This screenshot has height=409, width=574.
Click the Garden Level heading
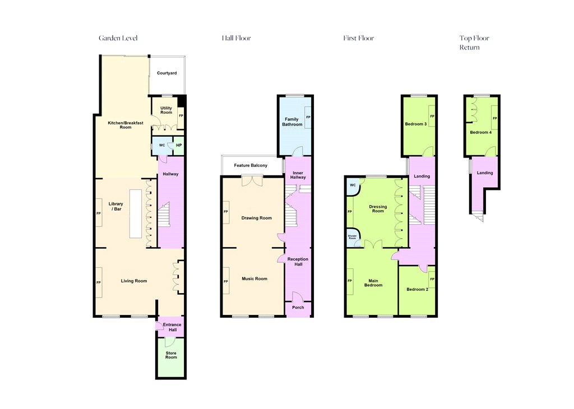pos(118,38)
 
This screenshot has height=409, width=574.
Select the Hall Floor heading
pos(236,38)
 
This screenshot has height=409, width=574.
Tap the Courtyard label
pos(167,73)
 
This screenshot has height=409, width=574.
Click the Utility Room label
pos(166,110)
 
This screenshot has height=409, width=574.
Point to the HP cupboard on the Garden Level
pos(179,146)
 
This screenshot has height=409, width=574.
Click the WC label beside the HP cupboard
pos(162,145)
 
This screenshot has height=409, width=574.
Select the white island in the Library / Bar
pos(136,213)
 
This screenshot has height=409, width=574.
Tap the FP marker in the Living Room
pos(99,282)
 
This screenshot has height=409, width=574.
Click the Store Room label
pos(171,355)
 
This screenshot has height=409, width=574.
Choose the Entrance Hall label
pos(172,327)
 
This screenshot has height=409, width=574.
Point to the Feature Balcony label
pos(251,165)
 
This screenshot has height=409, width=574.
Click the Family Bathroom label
pos(292,122)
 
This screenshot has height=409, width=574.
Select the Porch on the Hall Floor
pos(298,309)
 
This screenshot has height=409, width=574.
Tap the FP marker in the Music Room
pos(225,281)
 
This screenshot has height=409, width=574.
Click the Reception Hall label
pos(298,262)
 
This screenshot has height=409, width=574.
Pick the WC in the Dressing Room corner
pos(353,187)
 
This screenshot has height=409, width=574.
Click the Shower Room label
pos(352,237)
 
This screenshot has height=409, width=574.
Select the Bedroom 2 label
pos(417,289)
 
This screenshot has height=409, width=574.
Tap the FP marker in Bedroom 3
pos(432,117)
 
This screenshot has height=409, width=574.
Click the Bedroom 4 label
pos(480,132)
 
